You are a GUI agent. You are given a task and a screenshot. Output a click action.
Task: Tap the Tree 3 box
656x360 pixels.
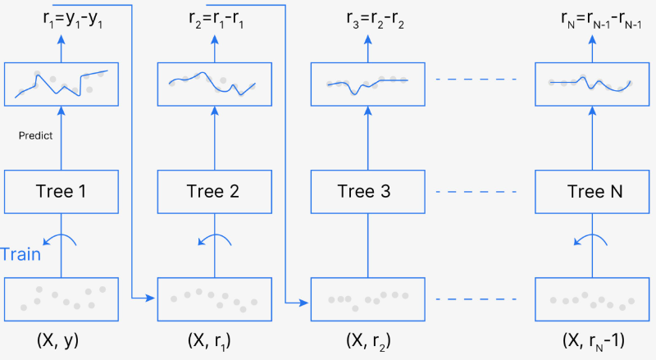367,194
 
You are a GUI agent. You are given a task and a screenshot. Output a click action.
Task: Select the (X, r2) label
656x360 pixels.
367,339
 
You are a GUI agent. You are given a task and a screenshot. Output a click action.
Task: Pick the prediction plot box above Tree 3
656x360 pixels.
367,84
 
